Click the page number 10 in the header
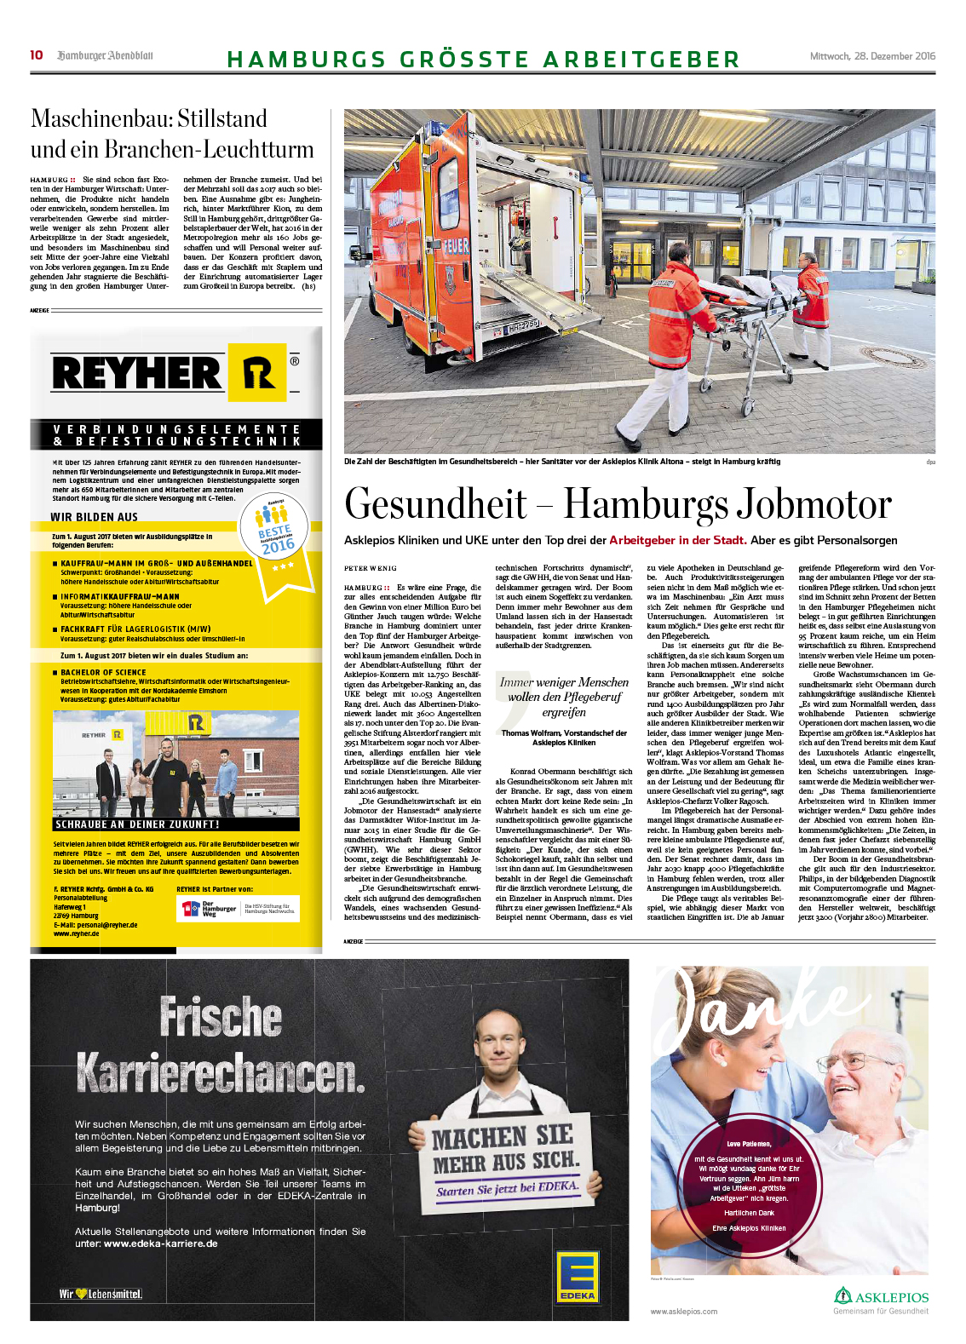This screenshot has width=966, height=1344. pos(37,55)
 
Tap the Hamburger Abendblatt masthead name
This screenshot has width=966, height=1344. pos(105,56)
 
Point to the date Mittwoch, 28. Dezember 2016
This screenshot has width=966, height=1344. pos(871,56)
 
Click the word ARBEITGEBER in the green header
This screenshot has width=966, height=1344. pos(641,60)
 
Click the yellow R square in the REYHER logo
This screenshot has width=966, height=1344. pos(257,373)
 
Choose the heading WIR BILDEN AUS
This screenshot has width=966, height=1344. pos(94,517)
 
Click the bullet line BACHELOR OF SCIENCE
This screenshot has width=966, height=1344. pos(103,672)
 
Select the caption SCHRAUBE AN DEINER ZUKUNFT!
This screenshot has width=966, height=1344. pos(137,824)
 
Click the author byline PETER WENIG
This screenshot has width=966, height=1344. pos(370,568)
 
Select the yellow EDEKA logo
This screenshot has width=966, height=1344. pos(577,1277)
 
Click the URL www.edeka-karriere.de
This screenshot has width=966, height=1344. pos(160,1243)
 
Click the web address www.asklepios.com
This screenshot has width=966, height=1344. pos(683,1312)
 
